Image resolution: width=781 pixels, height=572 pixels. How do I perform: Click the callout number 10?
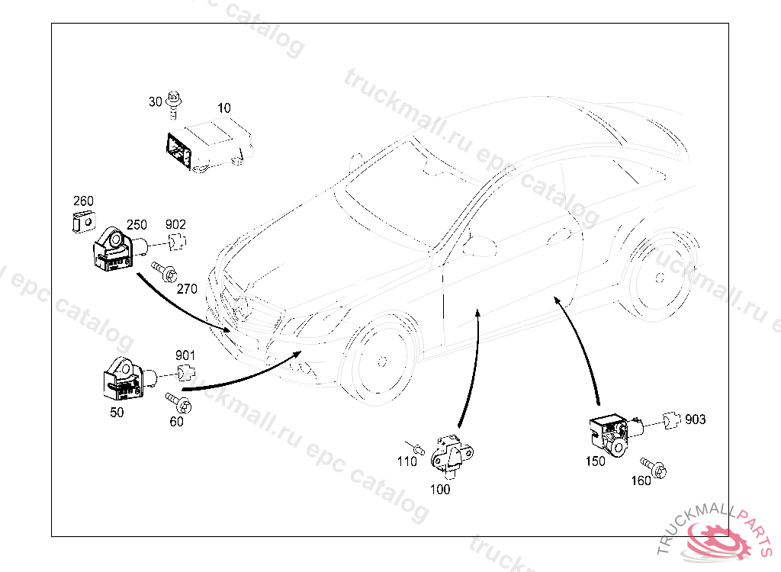223,108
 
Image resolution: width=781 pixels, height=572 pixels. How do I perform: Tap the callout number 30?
156,101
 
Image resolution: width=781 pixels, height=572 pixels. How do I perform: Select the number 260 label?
83,201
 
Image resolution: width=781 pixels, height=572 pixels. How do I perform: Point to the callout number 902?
175,224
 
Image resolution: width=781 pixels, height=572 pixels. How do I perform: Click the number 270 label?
187,289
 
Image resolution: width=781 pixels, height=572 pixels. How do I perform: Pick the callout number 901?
185,355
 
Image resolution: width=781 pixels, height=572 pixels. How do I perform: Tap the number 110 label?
407,461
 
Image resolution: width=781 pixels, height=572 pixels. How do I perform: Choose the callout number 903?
695,419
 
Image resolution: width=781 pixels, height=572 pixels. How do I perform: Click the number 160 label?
641,481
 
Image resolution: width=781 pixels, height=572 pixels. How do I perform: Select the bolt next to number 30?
175,104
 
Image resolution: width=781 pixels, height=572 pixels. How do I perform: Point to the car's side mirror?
480,246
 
